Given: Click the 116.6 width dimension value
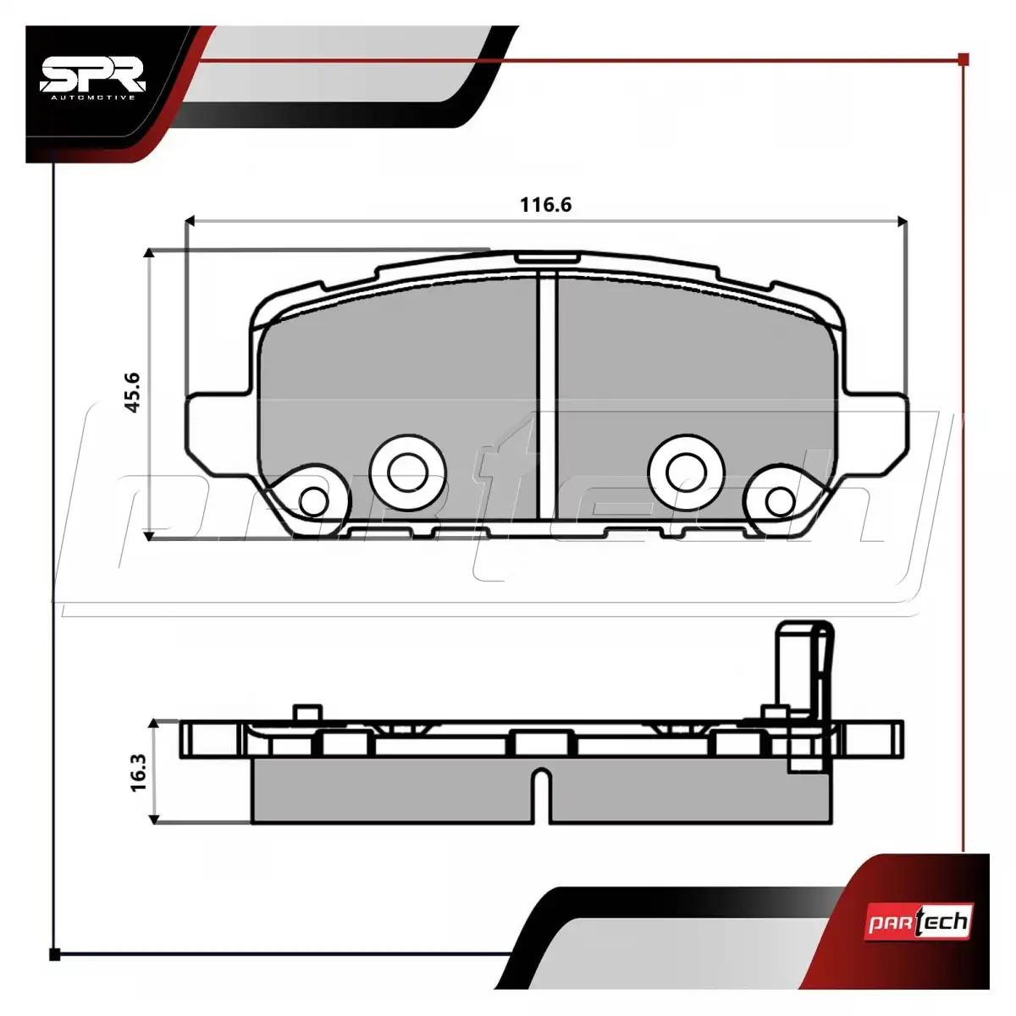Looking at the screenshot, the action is click(x=545, y=205).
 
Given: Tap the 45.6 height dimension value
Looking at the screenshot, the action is click(x=132, y=393).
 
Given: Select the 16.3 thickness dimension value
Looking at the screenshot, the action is click(x=138, y=772).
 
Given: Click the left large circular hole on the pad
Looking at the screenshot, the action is click(x=407, y=472).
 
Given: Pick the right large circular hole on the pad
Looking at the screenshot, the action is click(x=686, y=472).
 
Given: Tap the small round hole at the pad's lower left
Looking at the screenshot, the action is click(x=314, y=501).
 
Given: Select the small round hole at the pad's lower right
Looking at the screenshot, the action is click(x=780, y=501).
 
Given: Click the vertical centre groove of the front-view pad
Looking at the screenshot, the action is click(x=547, y=395).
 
